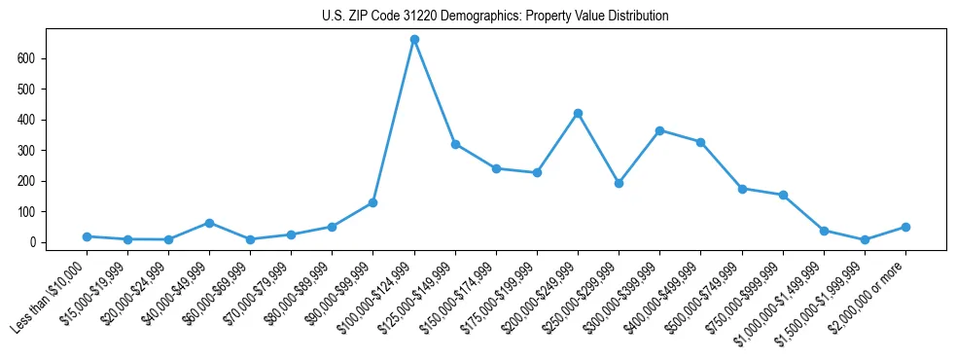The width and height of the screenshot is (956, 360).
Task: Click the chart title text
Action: [x=495, y=17]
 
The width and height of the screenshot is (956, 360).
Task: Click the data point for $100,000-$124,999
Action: [x=414, y=40]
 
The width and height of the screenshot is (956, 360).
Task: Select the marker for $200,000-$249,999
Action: [x=578, y=114]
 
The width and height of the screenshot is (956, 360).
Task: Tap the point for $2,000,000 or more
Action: [x=905, y=227]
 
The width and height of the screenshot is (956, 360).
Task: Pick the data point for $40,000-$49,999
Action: [x=209, y=223]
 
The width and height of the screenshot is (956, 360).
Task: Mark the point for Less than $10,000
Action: [x=87, y=236]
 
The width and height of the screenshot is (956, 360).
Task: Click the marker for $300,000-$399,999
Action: [x=659, y=130]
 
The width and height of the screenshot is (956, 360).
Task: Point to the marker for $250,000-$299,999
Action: [x=619, y=183]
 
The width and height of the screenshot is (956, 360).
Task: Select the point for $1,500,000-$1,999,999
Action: [x=865, y=239]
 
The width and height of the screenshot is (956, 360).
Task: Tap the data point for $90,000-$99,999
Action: [x=373, y=202]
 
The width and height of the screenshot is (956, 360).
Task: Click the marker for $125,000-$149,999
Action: [x=455, y=144]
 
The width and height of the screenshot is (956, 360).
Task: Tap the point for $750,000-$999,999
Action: [x=783, y=195]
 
